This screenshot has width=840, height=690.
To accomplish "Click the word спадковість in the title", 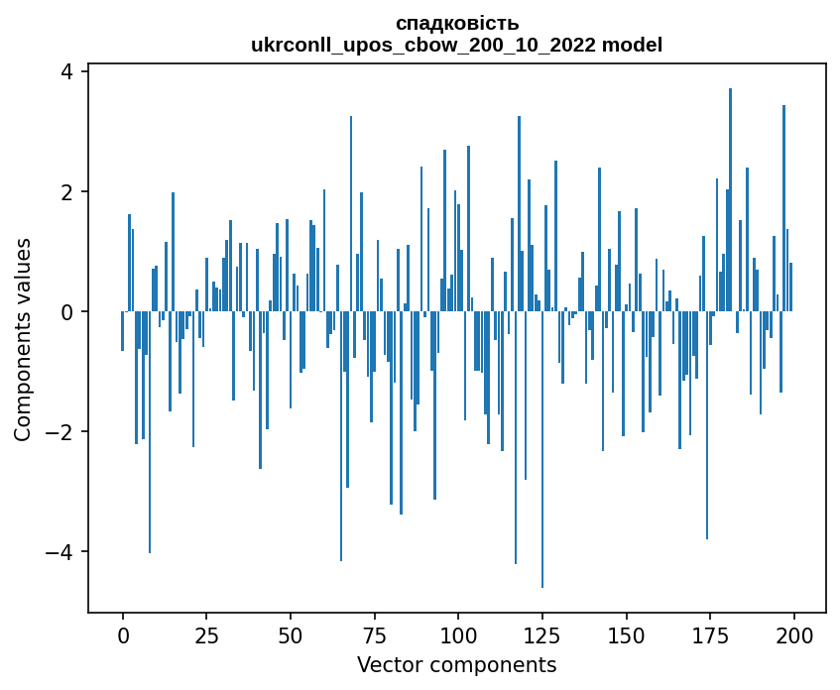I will (x=456, y=23).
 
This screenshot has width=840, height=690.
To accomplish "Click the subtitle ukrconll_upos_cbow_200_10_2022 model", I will (x=456, y=45).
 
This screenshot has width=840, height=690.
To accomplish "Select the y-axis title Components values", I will (x=23, y=339).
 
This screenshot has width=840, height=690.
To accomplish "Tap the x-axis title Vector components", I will (x=456, y=664).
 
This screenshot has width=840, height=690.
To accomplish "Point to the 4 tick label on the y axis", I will (x=67, y=71).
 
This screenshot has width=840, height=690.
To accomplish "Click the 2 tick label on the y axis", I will (x=67, y=191).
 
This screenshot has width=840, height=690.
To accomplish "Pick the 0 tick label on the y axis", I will (x=67, y=311).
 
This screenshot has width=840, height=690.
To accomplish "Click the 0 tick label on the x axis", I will (x=123, y=634).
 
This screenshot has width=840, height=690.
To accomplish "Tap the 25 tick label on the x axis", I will (x=206, y=634).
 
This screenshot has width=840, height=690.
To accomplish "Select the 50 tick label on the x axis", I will (x=291, y=634).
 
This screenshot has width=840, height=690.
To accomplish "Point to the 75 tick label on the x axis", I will (x=374, y=634).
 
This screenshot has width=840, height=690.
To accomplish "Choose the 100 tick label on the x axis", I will (x=458, y=634).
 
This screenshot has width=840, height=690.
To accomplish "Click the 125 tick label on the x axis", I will (x=541, y=634).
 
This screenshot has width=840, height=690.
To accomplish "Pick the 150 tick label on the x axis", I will (x=626, y=634).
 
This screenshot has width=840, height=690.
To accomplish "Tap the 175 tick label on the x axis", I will (x=709, y=634).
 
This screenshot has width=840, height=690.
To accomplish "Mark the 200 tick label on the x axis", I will (x=793, y=634).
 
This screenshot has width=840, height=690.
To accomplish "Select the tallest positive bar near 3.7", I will (x=730, y=198).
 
